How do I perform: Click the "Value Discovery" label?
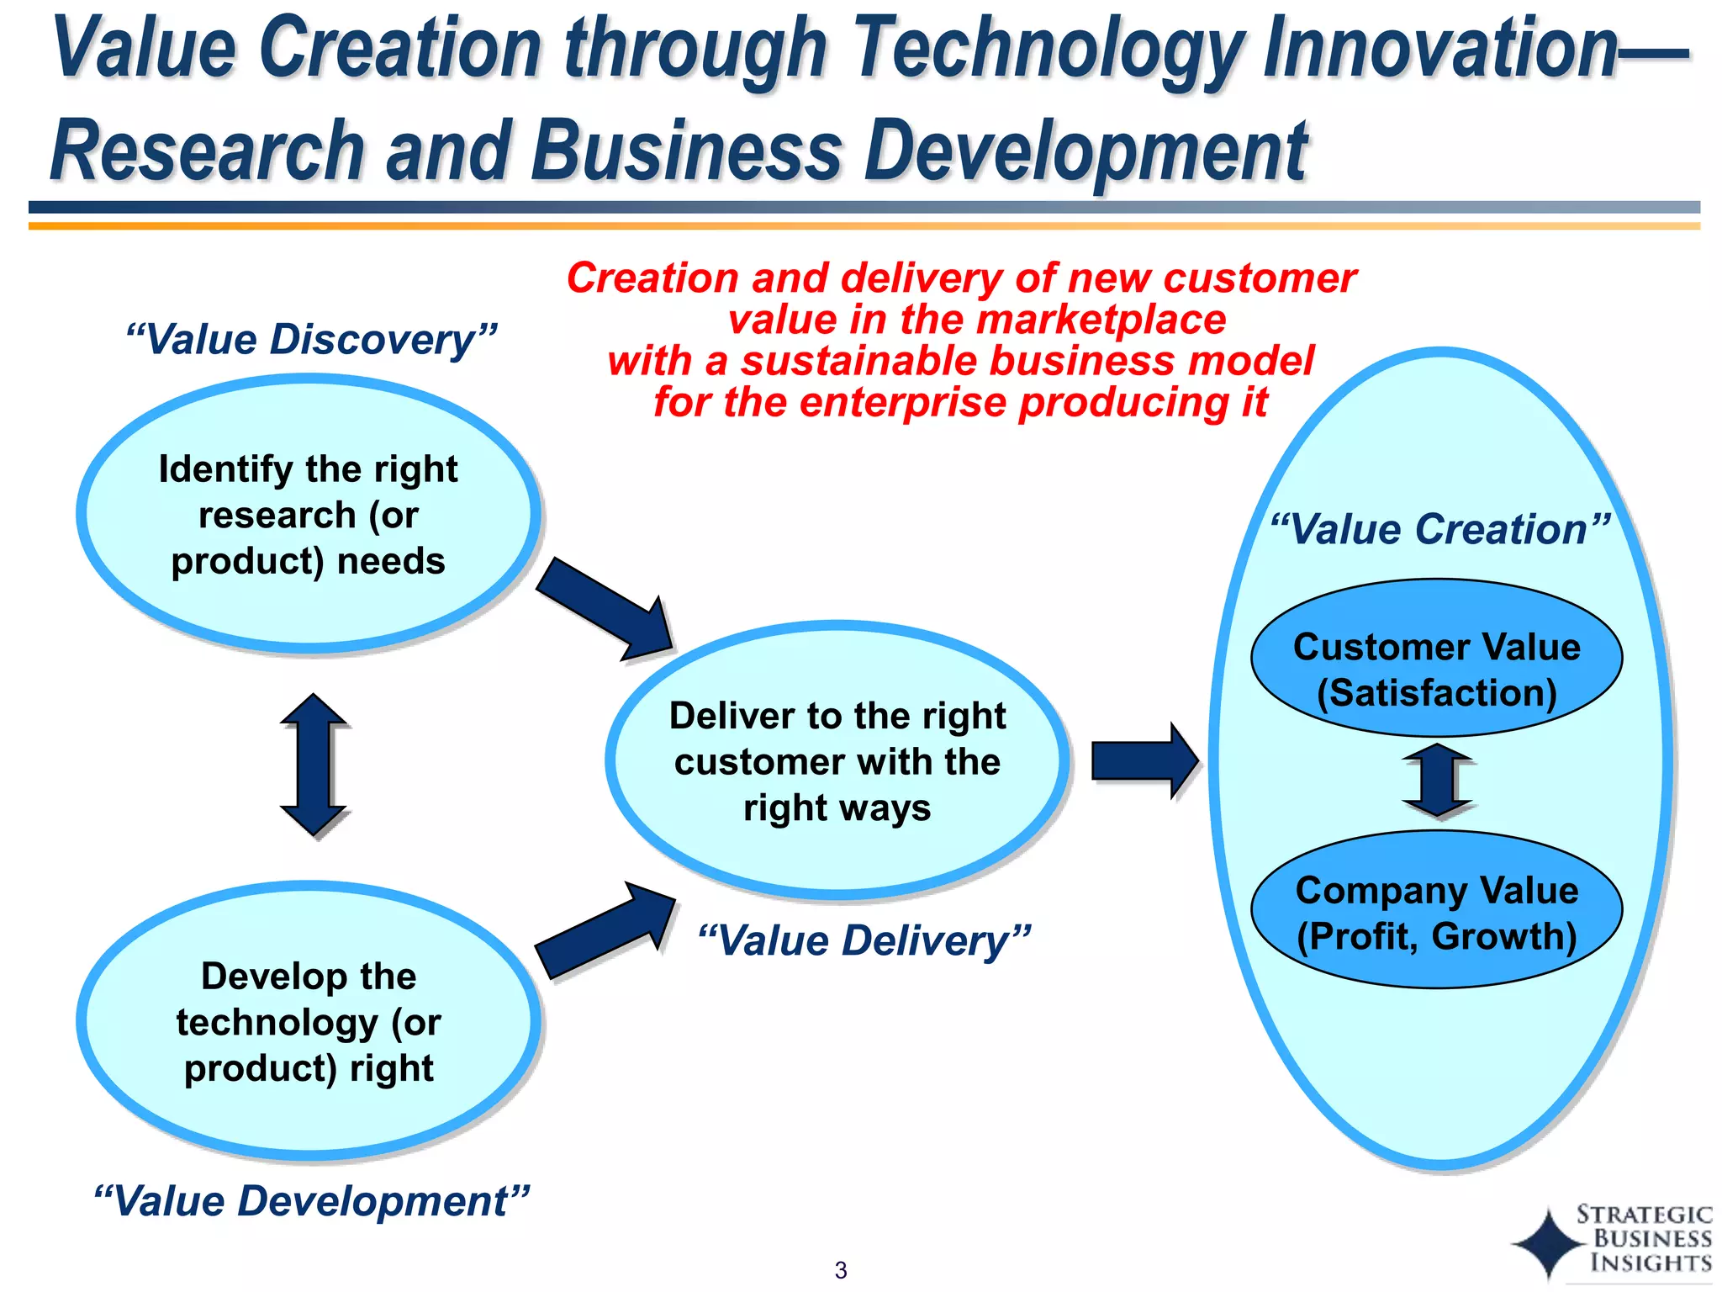tap(311, 340)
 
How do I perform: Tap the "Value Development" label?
tap(311, 1200)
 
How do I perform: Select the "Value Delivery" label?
tap(864, 940)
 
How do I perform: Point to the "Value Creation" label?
tap(1439, 530)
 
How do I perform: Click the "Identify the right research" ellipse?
tap(309, 515)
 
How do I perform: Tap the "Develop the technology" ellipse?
tap(309, 1022)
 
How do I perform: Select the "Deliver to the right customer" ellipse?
tap(837, 761)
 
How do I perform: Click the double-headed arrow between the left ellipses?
tap(313, 765)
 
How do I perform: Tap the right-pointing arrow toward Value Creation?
tap(1144, 760)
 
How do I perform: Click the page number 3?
tap(841, 1270)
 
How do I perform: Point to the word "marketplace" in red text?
tap(1101, 320)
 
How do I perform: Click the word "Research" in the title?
tap(207, 151)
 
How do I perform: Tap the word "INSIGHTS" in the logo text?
tap(1651, 1263)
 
